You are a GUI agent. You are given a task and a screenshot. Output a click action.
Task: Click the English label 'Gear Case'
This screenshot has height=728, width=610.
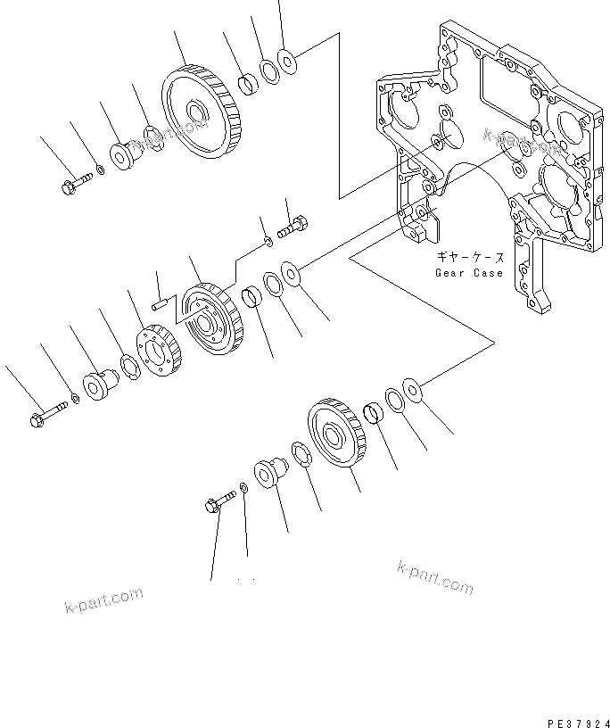click(469, 273)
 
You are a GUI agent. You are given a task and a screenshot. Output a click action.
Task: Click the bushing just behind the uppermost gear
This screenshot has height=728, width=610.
click(248, 87)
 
